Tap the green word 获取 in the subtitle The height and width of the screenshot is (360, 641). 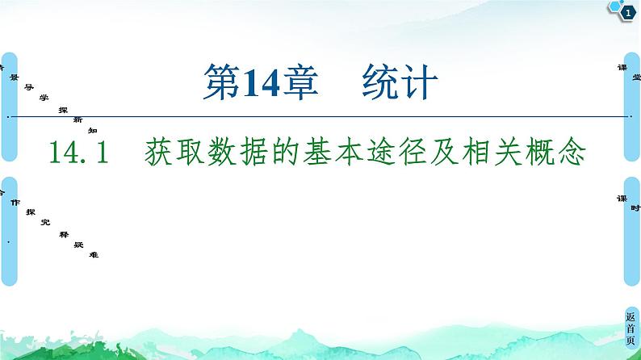pos(179,153)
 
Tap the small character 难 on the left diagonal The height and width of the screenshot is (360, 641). pos(94,254)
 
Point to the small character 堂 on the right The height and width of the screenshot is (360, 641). pos(636,77)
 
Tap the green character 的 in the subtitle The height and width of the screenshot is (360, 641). pos(308,153)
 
